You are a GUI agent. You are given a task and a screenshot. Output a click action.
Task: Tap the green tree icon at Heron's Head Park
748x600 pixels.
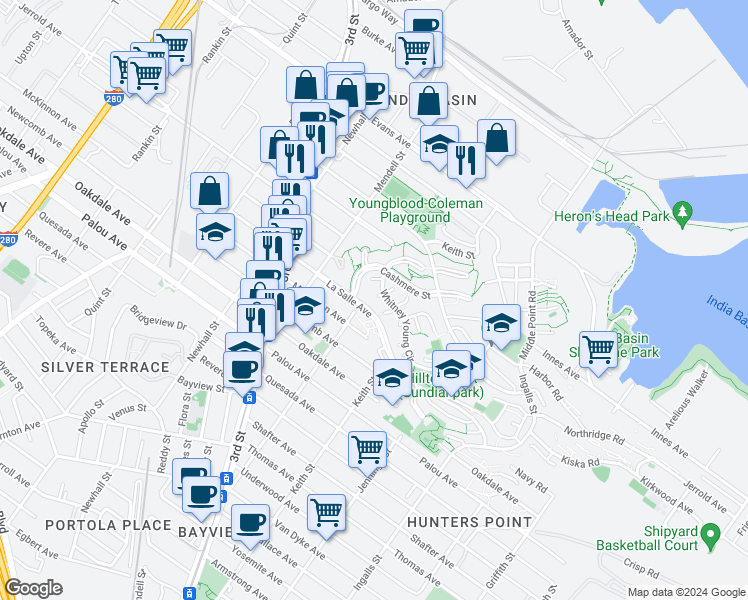click(683, 212)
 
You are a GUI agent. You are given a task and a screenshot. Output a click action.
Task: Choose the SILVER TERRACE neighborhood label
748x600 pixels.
click(105, 367)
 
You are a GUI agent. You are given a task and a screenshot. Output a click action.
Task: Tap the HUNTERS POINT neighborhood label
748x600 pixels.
click(470, 522)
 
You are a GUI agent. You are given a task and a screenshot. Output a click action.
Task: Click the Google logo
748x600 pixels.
click(33, 588)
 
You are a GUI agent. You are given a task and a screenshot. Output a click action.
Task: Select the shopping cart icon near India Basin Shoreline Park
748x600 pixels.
click(598, 350)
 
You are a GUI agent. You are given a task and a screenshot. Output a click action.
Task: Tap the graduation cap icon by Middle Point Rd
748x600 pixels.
click(501, 322)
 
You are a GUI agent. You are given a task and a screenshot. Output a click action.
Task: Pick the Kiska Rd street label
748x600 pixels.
click(580, 462)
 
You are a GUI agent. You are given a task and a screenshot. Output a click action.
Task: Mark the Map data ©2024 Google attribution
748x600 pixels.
click(684, 592)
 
